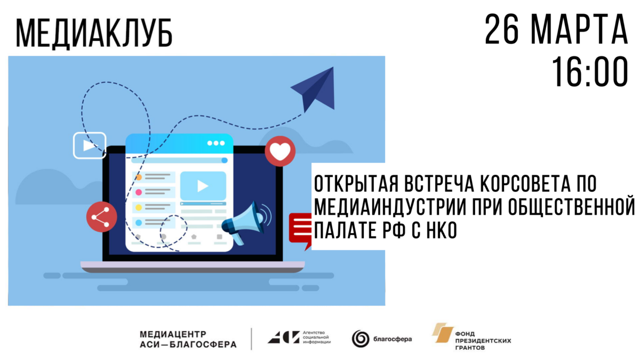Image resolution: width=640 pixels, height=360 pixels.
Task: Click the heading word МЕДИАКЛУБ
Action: pos(94,33)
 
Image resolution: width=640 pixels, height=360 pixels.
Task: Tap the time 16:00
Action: pos(590,71)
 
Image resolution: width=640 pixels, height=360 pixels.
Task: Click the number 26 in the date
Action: pos(502,29)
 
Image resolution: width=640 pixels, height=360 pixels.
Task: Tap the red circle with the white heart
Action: pos(280,151)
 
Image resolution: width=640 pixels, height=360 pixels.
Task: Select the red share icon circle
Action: pos(101,217)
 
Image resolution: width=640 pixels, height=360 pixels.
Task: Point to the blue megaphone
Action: pos(246,222)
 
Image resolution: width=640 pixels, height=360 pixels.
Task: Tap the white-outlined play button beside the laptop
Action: pos(90,146)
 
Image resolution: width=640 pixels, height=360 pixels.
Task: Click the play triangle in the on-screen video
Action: pos(203,186)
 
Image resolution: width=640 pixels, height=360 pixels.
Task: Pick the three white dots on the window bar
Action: pos(216,143)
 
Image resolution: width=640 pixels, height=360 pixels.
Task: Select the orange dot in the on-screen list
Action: pos(139,178)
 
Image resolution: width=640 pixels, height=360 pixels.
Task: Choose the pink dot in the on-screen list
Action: pos(139,193)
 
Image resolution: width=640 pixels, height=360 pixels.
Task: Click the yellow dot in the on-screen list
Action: pos(139,207)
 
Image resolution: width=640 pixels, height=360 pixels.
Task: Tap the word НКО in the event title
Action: pos(442,230)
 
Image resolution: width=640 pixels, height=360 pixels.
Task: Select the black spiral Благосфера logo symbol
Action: pos(361,339)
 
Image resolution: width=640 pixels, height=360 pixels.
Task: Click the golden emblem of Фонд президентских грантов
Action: pos(443,333)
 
